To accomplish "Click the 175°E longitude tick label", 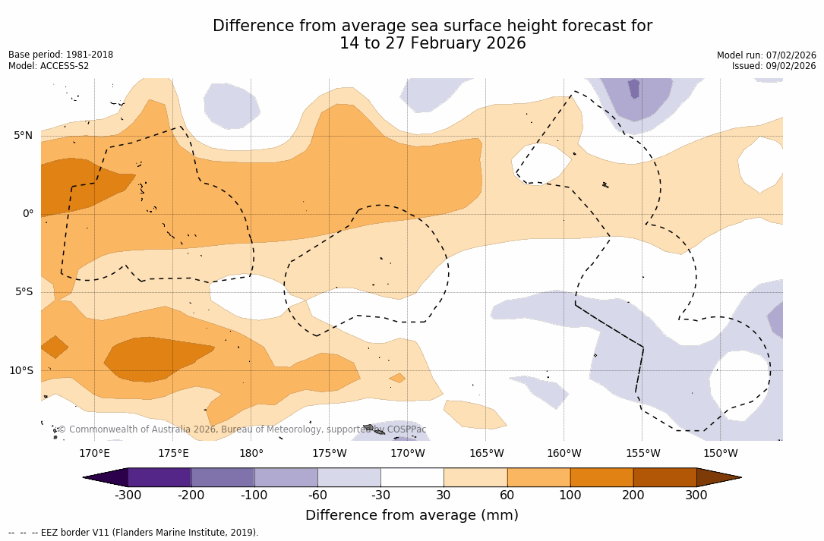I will pos(173,454).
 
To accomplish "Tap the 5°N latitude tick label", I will pos(23,136).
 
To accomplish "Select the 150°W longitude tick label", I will pos(720,454).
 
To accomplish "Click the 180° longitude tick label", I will pos(251,454).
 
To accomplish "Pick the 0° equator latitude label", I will pos(27,214).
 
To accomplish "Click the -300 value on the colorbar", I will pos(128,495).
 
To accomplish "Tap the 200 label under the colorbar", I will pos(633,495).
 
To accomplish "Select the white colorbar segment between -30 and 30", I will pos(412,477).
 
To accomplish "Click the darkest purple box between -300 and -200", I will pos(159,477).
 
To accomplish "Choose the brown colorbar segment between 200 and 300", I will pos(665,477).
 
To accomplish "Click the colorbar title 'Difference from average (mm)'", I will pos(412,516).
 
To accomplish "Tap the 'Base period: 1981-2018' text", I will pos(61,55).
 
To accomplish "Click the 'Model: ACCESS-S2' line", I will pos(49,66).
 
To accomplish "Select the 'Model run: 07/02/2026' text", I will pos(766,55).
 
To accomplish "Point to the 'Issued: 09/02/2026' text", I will pos(774,66).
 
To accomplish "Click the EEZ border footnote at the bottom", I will pos(134,533).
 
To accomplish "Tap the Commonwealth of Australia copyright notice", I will pos(242,429).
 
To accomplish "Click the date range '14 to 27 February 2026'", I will pos(432,43).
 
